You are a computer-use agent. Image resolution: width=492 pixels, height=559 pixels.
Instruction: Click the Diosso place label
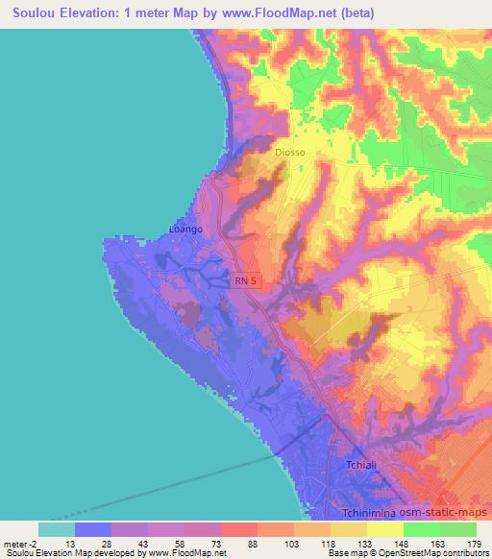pyautogui.click(x=288, y=151)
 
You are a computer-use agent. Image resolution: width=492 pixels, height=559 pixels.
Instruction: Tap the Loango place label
pyautogui.click(x=185, y=230)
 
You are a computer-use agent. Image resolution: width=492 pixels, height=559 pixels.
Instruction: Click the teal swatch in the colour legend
pyautogui.click(x=57, y=529)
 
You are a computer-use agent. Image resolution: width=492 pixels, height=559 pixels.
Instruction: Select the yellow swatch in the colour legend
pyautogui.click(x=384, y=529)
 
